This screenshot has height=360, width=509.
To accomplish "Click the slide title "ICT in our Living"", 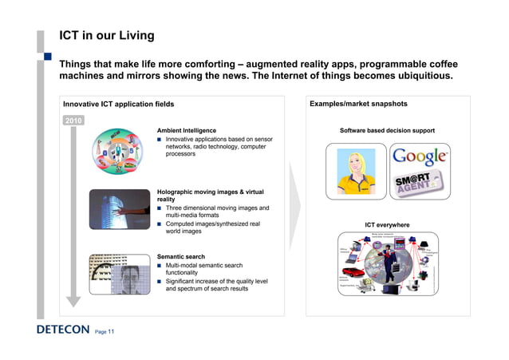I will coord(107,36).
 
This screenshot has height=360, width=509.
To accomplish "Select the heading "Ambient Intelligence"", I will coord(187,130).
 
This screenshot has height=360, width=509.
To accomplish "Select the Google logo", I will coord(420,157).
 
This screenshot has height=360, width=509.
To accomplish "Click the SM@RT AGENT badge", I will coord(420,183).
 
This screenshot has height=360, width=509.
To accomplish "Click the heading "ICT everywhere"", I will coord(387,225).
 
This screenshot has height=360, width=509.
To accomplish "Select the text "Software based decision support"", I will coord(387,130).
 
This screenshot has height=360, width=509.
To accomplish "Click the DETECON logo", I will coord(62,330).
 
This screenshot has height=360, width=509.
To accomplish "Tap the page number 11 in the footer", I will coord(112,331).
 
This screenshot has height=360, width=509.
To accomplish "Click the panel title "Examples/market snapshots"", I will coord(358,104).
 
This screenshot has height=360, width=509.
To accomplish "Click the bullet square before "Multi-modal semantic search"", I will coord(160,265).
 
